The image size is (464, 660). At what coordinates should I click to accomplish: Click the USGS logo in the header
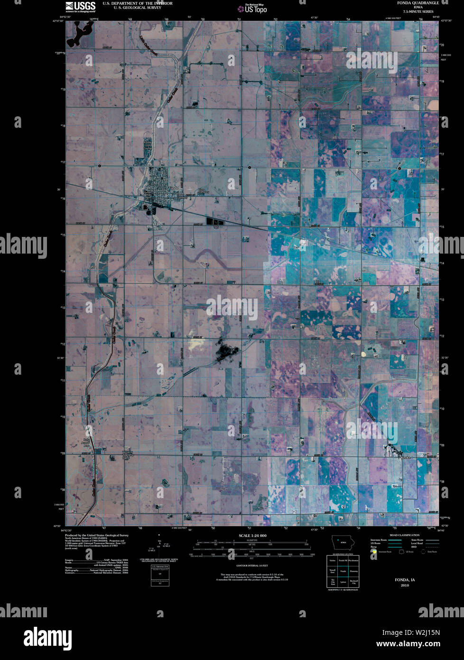[x=80, y=6]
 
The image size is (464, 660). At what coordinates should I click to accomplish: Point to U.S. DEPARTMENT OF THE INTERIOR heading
[x=138, y=3]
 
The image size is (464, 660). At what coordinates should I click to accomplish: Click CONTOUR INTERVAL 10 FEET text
[x=252, y=566]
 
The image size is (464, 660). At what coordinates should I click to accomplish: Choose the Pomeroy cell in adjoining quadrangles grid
[x=353, y=571]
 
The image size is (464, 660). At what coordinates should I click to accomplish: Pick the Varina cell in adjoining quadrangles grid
[x=332, y=561]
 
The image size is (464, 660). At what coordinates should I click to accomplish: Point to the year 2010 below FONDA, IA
[x=405, y=585]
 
